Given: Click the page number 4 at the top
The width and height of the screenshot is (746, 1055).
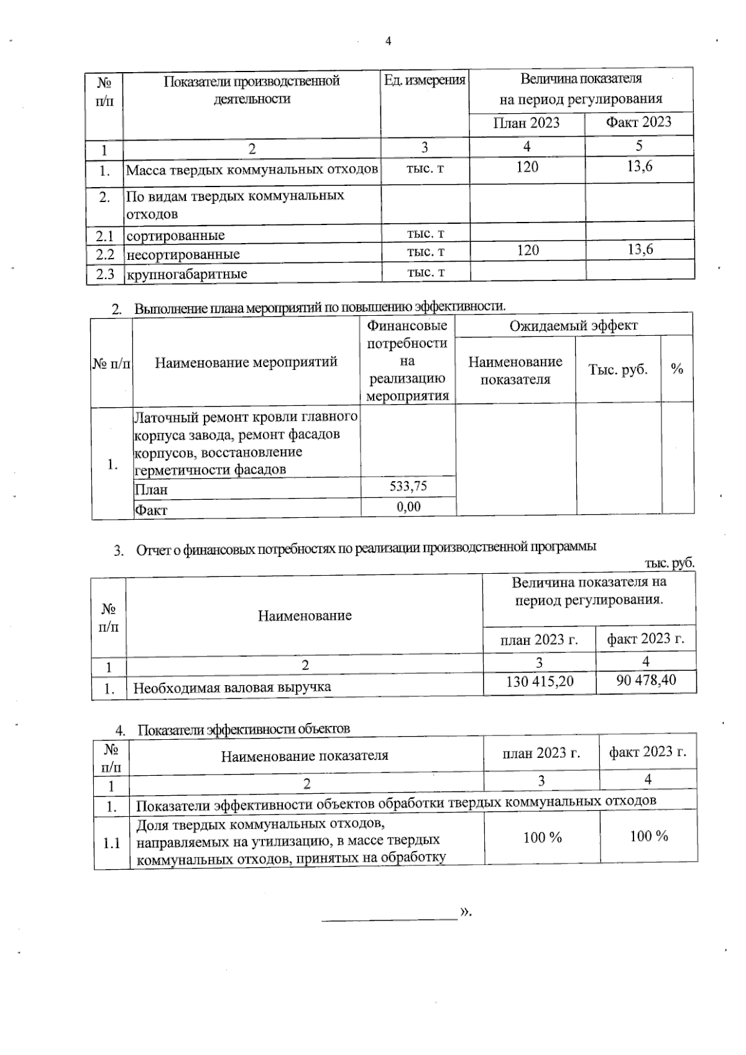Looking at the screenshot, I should pos(389,42).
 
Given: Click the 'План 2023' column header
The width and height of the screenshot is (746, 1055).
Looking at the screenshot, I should pos(526,122).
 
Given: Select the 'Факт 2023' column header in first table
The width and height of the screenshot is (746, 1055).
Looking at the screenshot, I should pos(638,122).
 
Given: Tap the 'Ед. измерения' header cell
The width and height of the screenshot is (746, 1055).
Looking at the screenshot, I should pos(425,80).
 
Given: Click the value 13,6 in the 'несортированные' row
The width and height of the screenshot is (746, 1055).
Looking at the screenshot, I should pos(640,249).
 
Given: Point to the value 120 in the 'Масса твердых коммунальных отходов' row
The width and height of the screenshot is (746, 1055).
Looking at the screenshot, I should pos(527,167).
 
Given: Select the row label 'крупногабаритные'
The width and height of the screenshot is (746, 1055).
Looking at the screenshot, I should pos(186,274).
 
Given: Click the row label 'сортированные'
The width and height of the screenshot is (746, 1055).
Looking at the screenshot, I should pos(175,236).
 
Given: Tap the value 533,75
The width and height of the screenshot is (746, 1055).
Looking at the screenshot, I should pos(408,486).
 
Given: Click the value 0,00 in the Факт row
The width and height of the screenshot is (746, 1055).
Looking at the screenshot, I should pos(408,507).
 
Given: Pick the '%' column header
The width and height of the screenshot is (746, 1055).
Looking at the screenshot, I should pos(677,369).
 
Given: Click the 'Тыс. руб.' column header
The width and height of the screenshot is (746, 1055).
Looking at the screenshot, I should pos(618,369).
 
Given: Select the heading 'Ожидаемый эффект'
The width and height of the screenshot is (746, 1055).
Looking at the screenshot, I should pos(574,325).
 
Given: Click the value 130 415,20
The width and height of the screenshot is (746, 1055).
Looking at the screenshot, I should pos(540,681).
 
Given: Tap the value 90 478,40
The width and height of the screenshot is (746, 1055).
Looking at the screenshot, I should pos(646,680).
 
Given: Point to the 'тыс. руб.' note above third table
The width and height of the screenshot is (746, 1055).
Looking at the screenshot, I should pos(669,563).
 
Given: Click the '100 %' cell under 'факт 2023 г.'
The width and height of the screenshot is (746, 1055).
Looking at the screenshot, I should pos(648,837).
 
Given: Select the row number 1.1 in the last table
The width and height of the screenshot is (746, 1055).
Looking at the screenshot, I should pos(111,844).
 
